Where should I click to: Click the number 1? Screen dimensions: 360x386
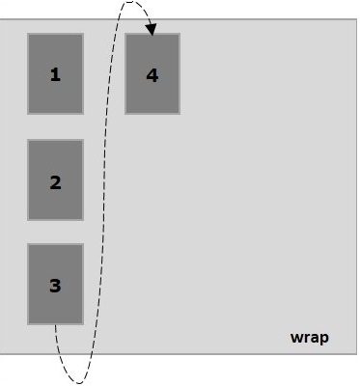tap(55, 74)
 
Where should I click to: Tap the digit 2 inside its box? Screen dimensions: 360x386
tap(55, 180)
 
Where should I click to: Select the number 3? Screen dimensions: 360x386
tap(55, 286)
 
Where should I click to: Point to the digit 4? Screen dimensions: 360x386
tap(152, 74)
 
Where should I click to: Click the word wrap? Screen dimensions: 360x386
tap(309, 338)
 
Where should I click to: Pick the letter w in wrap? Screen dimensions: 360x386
tap(296, 338)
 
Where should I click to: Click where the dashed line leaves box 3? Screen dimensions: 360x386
tap(55, 325)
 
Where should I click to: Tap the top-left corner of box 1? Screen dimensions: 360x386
tap(28, 34)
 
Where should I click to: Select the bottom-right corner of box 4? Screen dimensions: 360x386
tap(180, 114)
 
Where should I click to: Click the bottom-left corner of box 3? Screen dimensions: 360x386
tap(28, 324)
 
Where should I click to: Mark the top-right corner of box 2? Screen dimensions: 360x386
tap(83, 140)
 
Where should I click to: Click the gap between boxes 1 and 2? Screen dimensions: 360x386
tap(55, 126)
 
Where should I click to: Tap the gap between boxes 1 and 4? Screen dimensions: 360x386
tap(104, 74)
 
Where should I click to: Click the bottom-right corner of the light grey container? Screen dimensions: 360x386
tap(356, 353)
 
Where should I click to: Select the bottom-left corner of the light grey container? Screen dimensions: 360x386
tap(1, 353)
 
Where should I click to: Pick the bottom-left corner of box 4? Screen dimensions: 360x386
tap(125, 114)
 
